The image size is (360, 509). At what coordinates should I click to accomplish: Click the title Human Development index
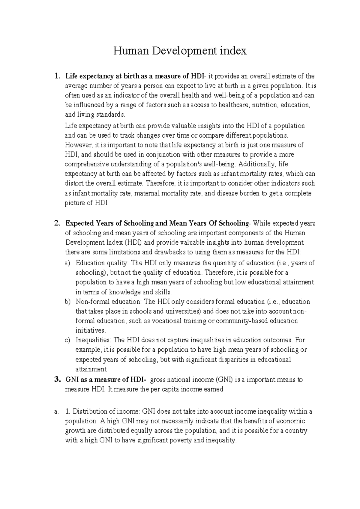pos(180,51)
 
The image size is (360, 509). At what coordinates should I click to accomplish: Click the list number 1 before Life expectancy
pos(57,76)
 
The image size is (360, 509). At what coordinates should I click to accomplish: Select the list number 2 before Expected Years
pos(57,223)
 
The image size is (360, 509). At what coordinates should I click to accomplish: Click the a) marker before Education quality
pos(67,263)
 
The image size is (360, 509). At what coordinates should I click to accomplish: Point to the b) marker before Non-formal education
pos(67,302)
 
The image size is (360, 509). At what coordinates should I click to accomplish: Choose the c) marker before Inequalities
pos(67,340)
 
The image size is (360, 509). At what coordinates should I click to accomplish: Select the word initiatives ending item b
pos(91,331)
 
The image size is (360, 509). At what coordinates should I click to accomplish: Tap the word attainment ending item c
pos(91,369)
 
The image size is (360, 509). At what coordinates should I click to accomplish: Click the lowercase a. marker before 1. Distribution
pos(56,412)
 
